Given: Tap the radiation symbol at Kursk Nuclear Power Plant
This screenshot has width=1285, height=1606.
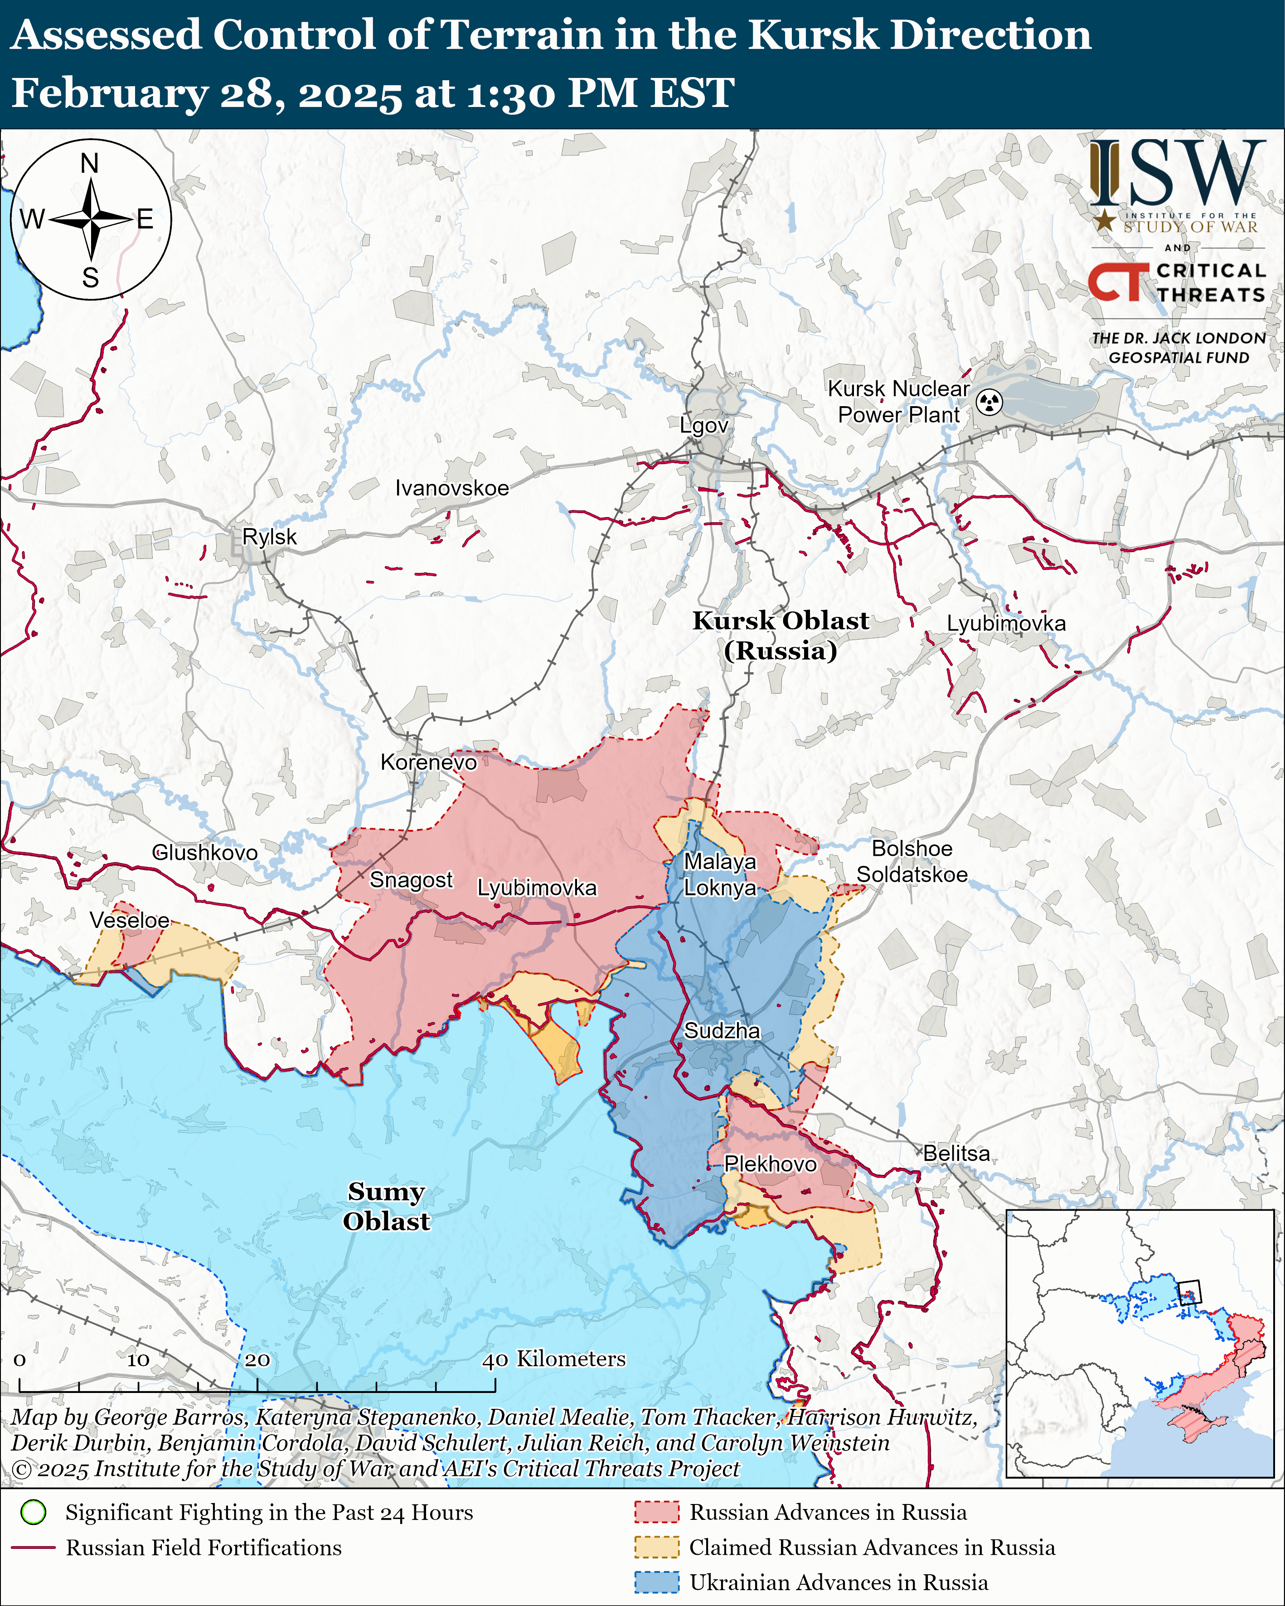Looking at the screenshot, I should pyautogui.click(x=989, y=402).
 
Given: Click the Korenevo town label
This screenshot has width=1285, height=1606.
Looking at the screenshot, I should pyautogui.click(x=428, y=762).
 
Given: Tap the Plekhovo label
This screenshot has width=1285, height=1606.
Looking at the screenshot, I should pyautogui.click(x=770, y=1164).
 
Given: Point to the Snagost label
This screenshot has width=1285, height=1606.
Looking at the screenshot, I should pyautogui.click(x=411, y=880).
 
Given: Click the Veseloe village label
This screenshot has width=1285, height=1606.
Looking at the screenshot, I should pyautogui.click(x=130, y=920).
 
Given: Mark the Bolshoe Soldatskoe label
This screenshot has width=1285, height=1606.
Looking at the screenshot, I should pyautogui.click(x=912, y=861).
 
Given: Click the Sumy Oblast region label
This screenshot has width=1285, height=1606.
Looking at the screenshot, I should pyautogui.click(x=386, y=1206).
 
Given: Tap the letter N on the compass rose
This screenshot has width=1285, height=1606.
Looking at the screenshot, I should pyautogui.click(x=89, y=163).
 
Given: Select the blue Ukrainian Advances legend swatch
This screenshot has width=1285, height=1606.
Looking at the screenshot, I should pyautogui.click(x=656, y=1582).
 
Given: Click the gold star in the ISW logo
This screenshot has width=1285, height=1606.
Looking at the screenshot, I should pyautogui.click(x=1105, y=220).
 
